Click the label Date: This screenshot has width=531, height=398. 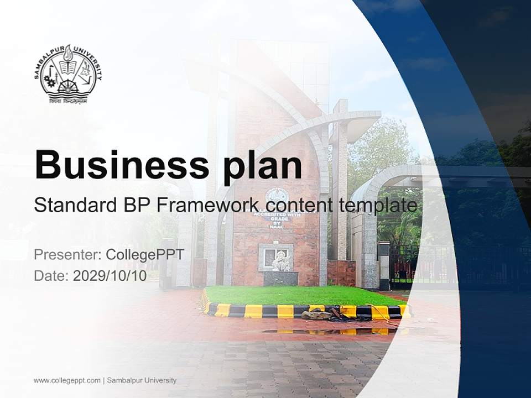pos(51,275)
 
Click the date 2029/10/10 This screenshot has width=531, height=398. pos(110,275)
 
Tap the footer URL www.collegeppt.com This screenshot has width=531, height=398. pos(67,380)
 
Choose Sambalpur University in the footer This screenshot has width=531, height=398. pos(142,380)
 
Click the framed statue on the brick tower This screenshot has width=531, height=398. pos(276,258)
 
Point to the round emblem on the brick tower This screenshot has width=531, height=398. pos(276,196)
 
